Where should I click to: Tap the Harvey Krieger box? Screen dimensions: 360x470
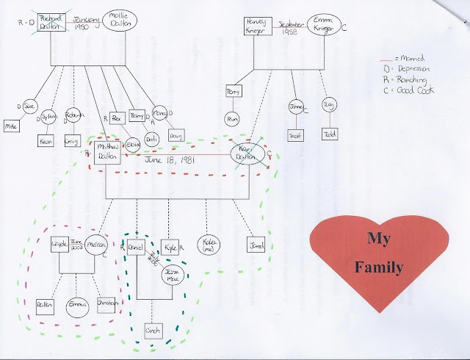[x=258, y=26]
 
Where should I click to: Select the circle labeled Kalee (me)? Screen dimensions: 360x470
[x=210, y=243]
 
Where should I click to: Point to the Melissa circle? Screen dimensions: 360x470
[x=96, y=246]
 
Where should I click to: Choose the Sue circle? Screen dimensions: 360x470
[x=29, y=107]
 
